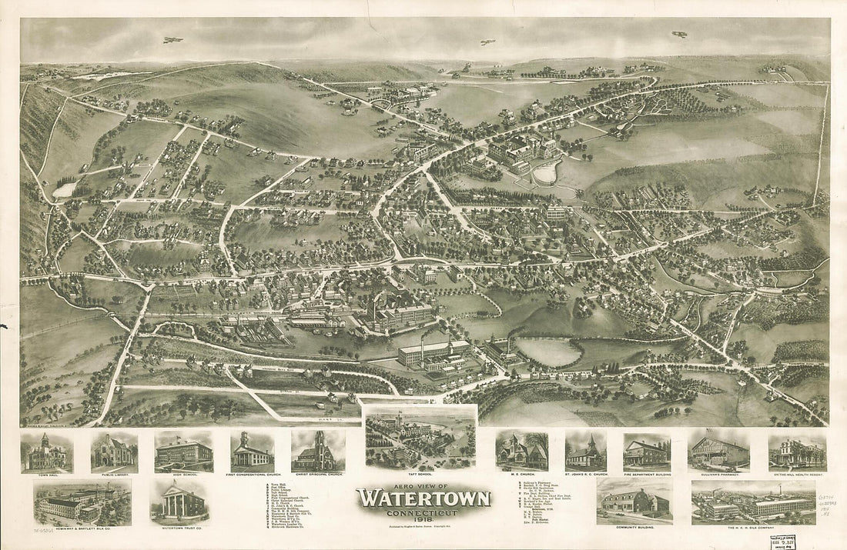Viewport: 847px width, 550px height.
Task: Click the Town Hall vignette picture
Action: (x=46, y=452)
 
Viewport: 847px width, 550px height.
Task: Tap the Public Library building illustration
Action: (x=114, y=452)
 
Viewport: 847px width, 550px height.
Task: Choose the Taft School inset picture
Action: (x=420, y=436)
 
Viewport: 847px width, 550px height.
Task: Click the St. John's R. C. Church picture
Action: (x=585, y=452)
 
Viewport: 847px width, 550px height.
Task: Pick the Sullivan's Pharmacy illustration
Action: (x=718, y=451)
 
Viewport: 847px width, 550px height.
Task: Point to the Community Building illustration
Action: (x=634, y=502)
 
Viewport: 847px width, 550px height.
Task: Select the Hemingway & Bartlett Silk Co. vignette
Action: (x=82, y=502)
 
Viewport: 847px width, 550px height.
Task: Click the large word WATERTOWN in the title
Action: (x=423, y=498)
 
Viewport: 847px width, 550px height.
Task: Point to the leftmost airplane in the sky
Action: (x=173, y=39)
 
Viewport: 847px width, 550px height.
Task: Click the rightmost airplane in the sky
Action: (x=679, y=35)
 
